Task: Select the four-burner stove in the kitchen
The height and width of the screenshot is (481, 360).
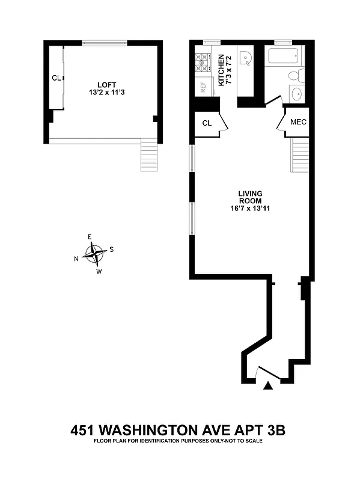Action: (x=201, y=62)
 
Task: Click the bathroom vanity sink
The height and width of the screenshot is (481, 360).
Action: (x=297, y=94)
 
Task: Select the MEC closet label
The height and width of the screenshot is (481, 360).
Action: (x=298, y=123)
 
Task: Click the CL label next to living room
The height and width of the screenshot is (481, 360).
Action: (x=207, y=123)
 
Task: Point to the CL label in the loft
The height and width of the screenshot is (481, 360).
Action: (x=56, y=78)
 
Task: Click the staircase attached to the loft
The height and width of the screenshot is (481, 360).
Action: (x=148, y=155)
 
